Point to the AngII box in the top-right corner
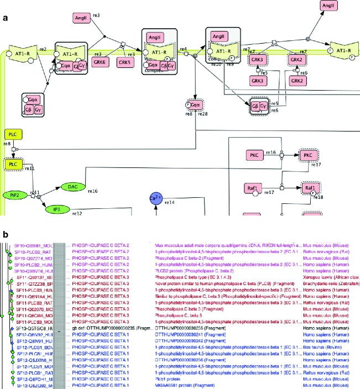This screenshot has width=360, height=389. click(x=327, y=6)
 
